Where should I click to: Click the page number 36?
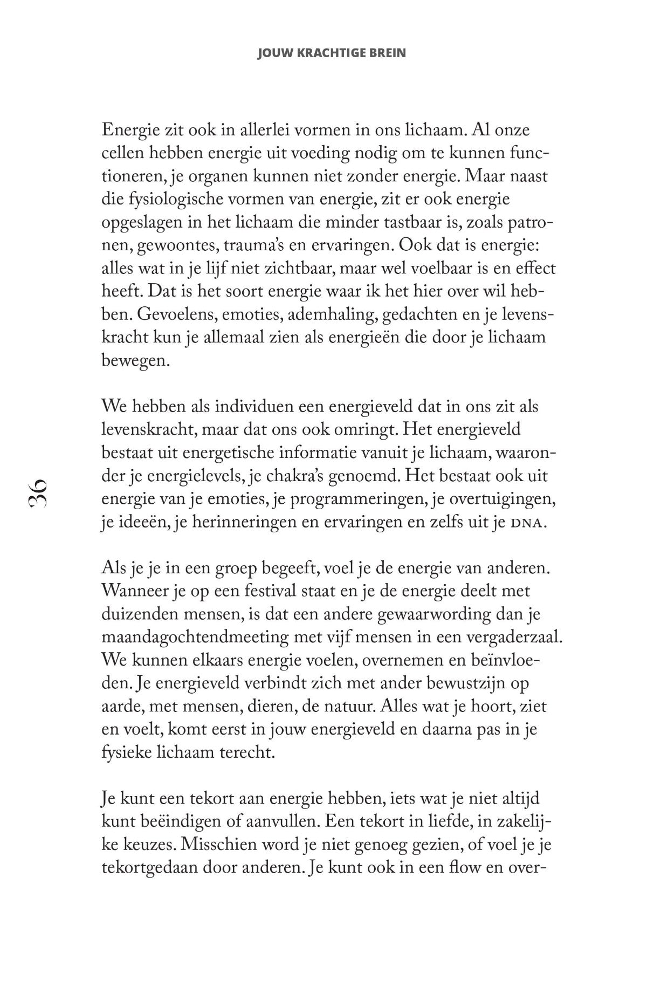point(39,492)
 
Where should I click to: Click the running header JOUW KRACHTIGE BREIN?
point(332,53)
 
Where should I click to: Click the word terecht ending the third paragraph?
point(246,753)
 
